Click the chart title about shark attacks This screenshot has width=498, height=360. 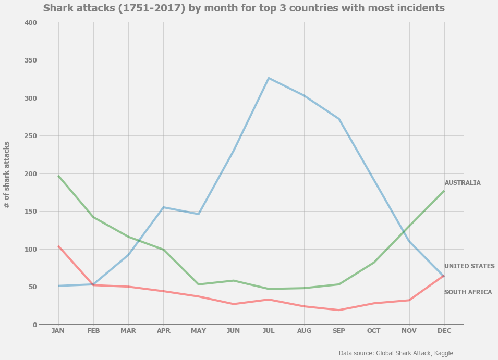pyautogui.click(x=244, y=8)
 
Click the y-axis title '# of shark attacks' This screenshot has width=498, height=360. pyautogui.click(x=7, y=175)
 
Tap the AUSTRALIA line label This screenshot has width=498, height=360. pyautogui.click(x=462, y=183)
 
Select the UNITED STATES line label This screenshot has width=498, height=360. pyautogui.click(x=469, y=266)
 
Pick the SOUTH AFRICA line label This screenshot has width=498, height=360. pyautogui.click(x=468, y=292)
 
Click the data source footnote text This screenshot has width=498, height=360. pyautogui.click(x=396, y=353)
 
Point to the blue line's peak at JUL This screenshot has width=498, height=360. pyautogui.click(x=269, y=78)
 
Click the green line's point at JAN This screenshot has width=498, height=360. pyautogui.click(x=58, y=176)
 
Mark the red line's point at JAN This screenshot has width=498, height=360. pyautogui.click(x=58, y=246)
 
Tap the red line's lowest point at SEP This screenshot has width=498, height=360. pyautogui.click(x=339, y=310)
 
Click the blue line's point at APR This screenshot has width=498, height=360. pyautogui.click(x=163, y=207)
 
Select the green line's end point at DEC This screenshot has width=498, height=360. pyautogui.click(x=444, y=191)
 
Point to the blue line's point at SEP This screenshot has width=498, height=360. pyautogui.click(x=339, y=119)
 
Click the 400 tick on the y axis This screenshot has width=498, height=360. pyautogui.click(x=31, y=22)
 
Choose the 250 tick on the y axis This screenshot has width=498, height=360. pyautogui.click(x=31, y=136)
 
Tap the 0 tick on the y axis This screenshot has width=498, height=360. pyautogui.click(x=34, y=325)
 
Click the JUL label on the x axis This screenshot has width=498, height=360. pyautogui.click(x=269, y=331)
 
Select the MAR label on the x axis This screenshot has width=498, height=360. pyautogui.click(x=128, y=331)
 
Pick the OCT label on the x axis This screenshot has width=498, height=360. pyautogui.click(x=374, y=331)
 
